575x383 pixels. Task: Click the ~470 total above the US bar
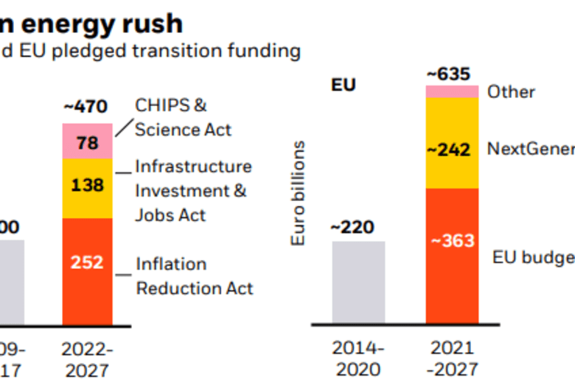pos(87,106)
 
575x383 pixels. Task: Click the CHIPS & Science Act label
pos(182,117)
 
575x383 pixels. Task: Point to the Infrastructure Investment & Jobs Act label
pos(192,191)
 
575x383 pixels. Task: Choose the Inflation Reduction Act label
pos(193,275)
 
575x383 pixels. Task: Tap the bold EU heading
pos(344,85)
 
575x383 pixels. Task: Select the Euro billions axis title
pos(298,194)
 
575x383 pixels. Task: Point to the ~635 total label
pos(449,74)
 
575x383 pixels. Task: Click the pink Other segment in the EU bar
pos(451,91)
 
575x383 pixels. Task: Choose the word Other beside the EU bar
pos(511,92)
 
